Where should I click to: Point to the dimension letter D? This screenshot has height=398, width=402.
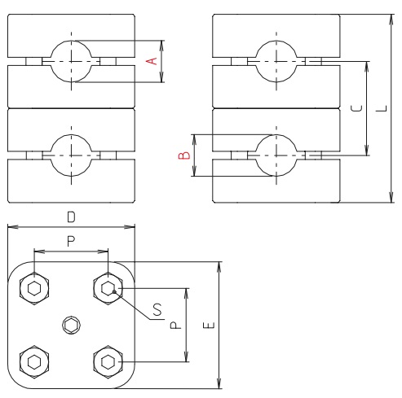(71, 216)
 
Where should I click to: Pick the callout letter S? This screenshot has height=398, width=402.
(157, 308)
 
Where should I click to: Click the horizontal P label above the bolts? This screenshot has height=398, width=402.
(70, 241)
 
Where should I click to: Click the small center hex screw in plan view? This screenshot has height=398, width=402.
(71, 326)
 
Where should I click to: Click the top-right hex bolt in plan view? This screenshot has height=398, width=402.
(108, 288)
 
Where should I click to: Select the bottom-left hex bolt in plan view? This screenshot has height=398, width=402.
(33, 361)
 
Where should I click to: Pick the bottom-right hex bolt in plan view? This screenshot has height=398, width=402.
(108, 361)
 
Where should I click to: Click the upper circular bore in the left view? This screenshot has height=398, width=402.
(71, 61)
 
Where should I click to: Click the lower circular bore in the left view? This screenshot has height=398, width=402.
(71, 154)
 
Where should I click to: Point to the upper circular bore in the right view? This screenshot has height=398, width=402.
(276, 61)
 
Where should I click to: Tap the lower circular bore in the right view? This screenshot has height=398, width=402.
(276, 154)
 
